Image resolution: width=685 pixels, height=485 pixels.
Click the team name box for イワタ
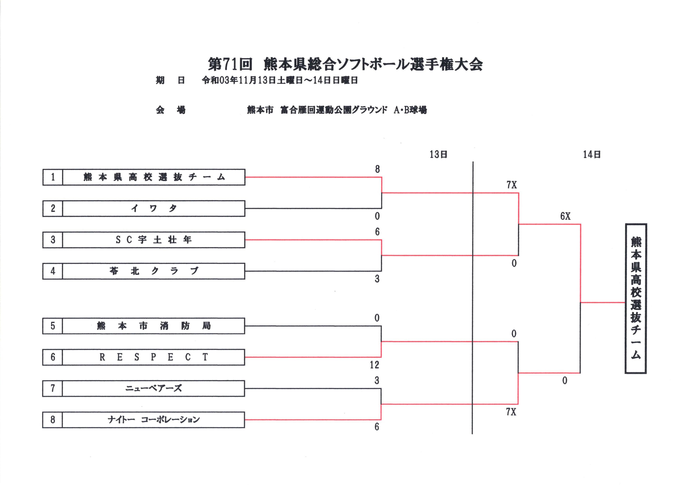(153, 209)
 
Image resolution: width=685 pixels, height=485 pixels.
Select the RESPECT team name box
(153, 357)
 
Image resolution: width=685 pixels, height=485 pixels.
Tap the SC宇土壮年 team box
(153, 240)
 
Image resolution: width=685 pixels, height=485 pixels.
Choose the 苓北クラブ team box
(153, 271)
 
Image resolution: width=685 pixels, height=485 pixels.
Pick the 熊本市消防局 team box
(153, 326)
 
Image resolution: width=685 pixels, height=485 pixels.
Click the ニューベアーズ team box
(153, 388)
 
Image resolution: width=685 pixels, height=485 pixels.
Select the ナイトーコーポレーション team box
(153, 420)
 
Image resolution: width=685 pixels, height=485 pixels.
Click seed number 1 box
(53, 177)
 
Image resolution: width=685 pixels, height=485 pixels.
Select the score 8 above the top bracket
(377, 169)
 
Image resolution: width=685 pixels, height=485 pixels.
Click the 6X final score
(565, 216)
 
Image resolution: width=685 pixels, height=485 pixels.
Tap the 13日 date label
(438, 154)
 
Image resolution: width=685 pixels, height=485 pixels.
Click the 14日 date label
(592, 154)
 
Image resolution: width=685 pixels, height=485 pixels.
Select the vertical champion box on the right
(635, 298)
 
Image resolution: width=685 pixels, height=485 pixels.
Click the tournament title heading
(345, 64)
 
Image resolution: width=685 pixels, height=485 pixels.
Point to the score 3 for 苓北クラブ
(377, 279)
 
